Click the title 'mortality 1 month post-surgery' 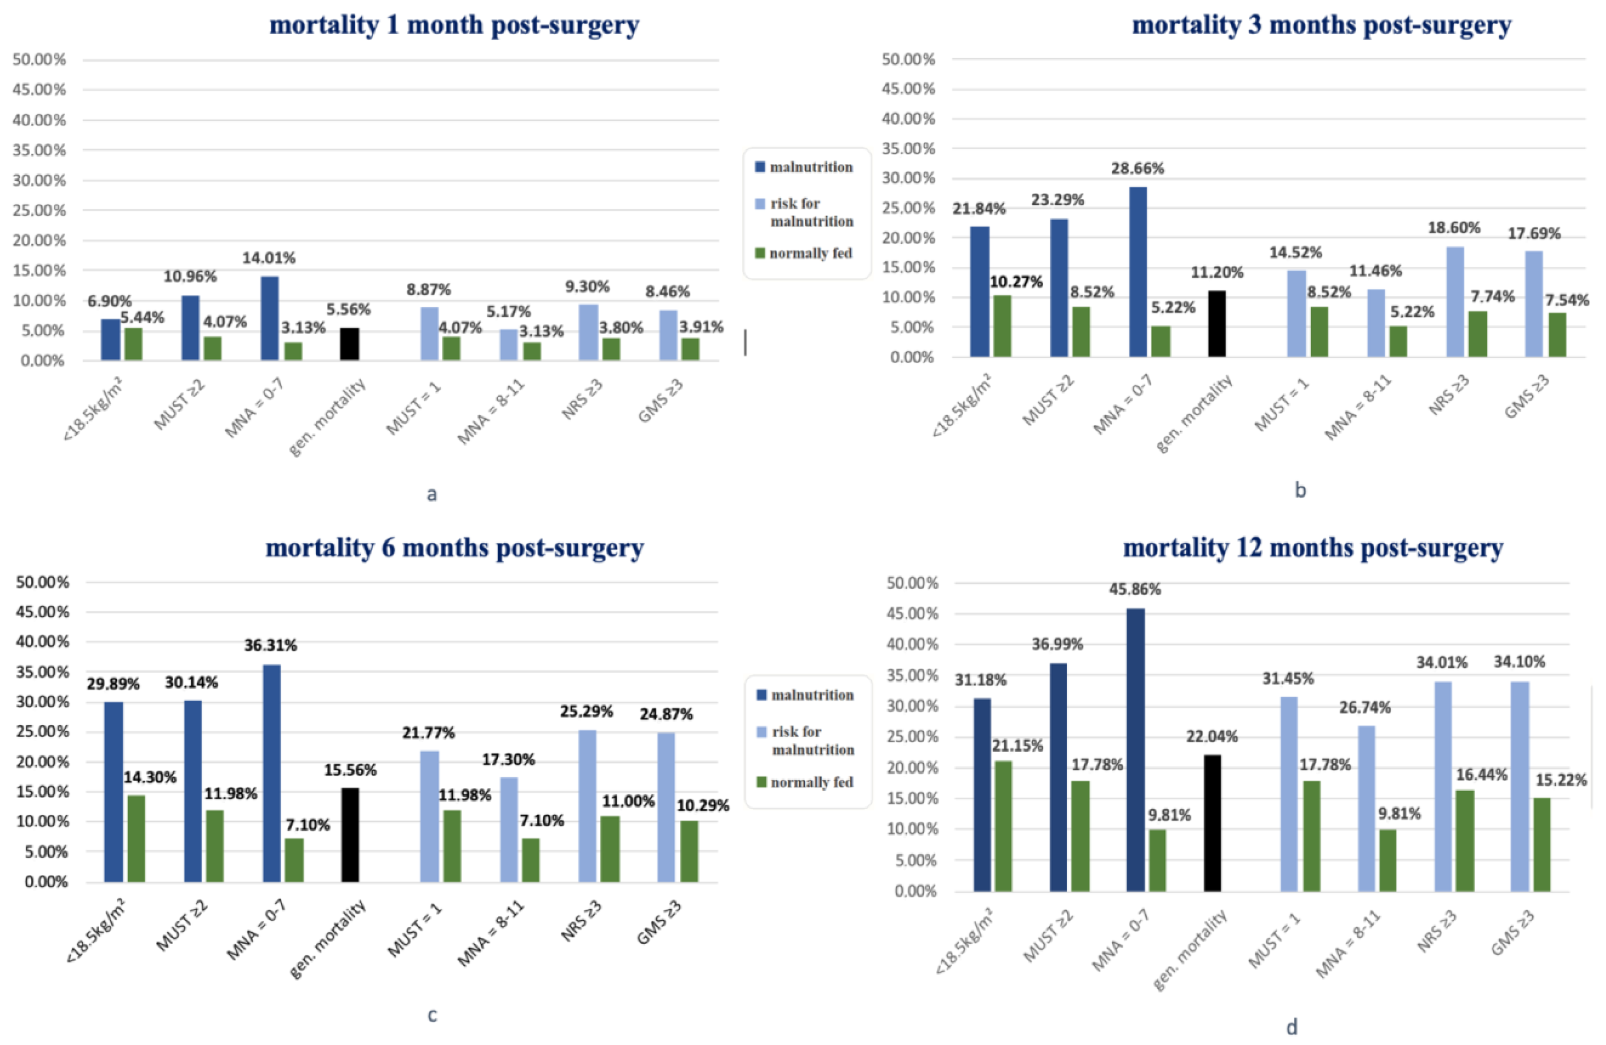click(454, 25)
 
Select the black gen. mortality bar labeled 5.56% click(349, 344)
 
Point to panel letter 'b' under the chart click(1300, 491)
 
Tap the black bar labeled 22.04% click(1212, 823)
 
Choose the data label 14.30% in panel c click(149, 778)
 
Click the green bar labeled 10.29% click(689, 851)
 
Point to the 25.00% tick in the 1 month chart click(39, 210)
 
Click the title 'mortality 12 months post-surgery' click(1312, 548)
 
